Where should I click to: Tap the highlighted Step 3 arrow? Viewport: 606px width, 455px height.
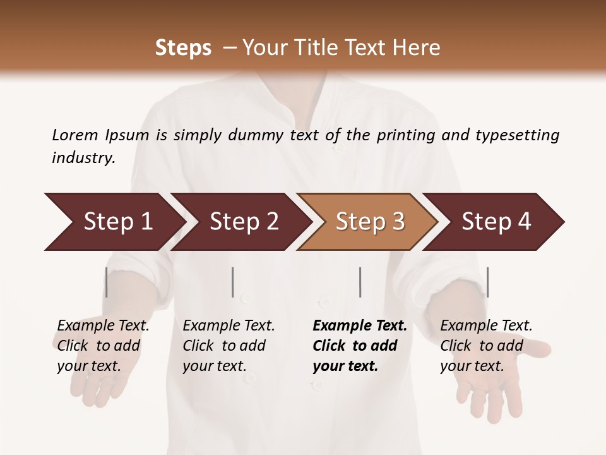pyautogui.click(x=370, y=222)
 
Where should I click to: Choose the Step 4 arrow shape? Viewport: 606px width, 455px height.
pyautogui.click(x=496, y=222)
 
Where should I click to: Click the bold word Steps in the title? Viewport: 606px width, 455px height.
pyautogui.click(x=183, y=48)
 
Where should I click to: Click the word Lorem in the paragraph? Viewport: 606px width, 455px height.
pyautogui.click(x=75, y=135)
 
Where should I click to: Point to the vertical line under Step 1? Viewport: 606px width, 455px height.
pyautogui.click(x=107, y=282)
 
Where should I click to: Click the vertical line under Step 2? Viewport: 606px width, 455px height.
pyautogui.click(x=233, y=282)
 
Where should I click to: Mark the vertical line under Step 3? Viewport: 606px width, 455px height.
pyautogui.click(x=360, y=282)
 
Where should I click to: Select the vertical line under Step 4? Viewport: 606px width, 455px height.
pyautogui.click(x=487, y=282)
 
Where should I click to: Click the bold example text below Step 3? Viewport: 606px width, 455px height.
pyautogui.click(x=359, y=346)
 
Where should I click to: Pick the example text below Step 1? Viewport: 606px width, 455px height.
pyautogui.click(x=103, y=346)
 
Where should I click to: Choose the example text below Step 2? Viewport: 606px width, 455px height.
pyautogui.click(x=229, y=346)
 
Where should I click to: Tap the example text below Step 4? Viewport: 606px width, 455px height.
pyautogui.click(x=486, y=346)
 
